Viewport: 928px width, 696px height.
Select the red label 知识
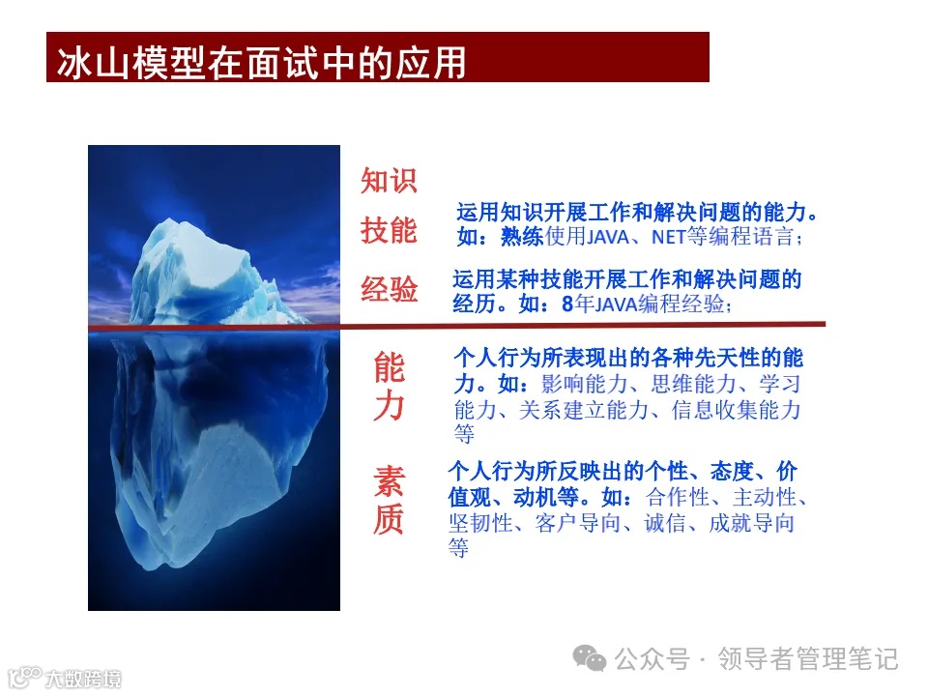[x=389, y=181]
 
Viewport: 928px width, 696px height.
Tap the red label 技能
[x=389, y=231]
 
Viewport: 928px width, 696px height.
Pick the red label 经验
[x=389, y=288]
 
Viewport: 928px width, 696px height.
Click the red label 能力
[x=389, y=387]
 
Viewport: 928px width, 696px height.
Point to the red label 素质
[x=389, y=501]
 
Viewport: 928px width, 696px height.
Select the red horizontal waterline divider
[x=580, y=325]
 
